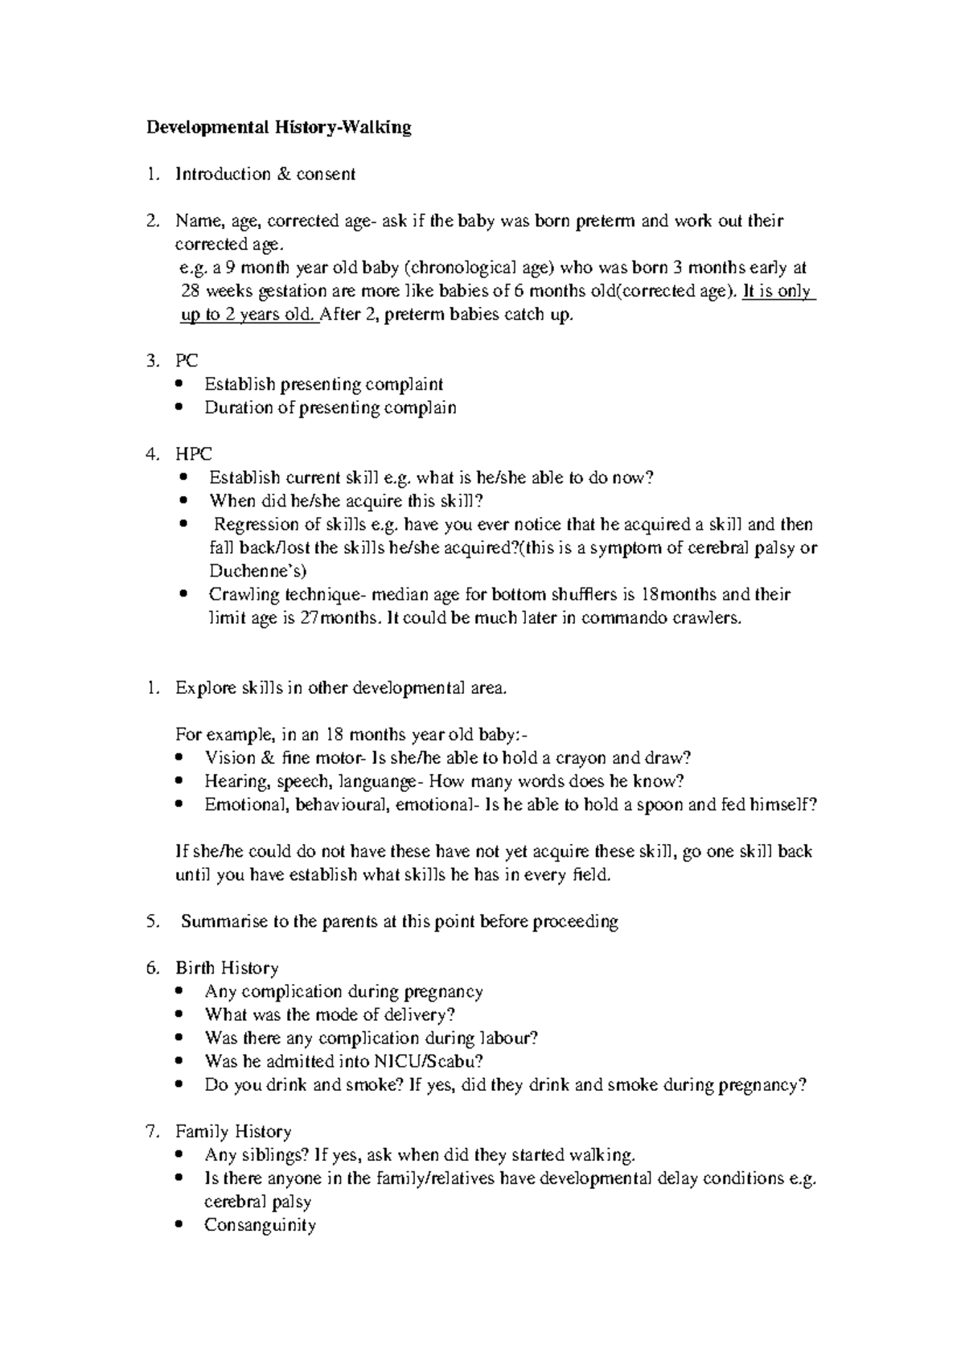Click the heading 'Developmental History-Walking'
tap(278, 127)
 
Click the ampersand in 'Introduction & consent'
tap(284, 174)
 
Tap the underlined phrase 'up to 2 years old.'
tap(248, 315)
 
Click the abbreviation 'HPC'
tap(194, 454)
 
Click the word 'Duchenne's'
tap(257, 572)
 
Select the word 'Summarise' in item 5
tap(224, 921)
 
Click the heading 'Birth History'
tap(227, 968)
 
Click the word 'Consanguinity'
tap(260, 1225)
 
